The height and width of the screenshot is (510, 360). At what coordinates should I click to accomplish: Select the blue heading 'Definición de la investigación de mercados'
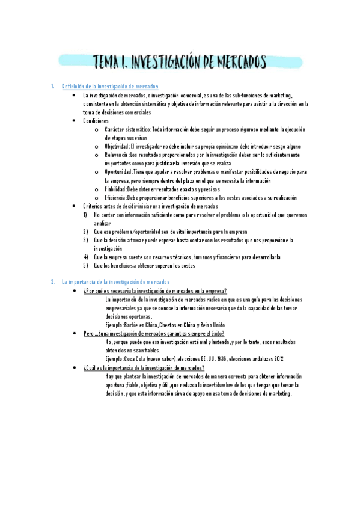[110, 87]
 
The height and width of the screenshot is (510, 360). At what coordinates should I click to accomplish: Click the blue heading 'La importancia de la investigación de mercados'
[116, 281]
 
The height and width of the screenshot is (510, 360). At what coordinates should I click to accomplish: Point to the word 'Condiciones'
[96, 121]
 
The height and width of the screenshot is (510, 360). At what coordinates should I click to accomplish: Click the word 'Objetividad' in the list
[117, 146]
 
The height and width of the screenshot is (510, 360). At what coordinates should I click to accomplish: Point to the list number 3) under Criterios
[86, 241]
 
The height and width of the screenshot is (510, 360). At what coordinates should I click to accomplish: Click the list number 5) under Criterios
[86, 266]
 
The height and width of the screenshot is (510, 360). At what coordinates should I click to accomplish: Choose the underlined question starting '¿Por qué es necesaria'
[154, 290]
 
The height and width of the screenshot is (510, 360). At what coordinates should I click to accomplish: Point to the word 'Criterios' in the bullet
[94, 207]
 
